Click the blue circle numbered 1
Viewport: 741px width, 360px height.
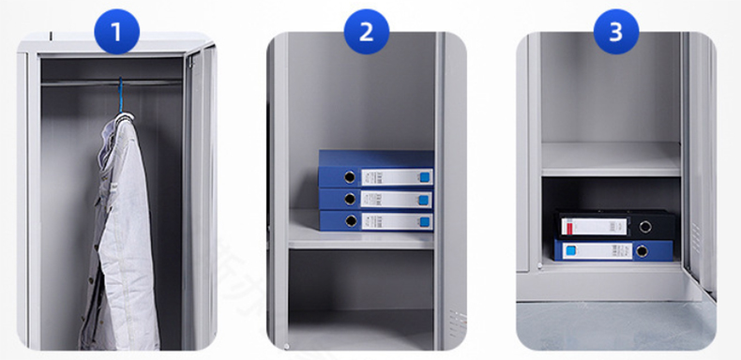pos(116,34)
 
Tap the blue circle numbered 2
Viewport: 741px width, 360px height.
pos(366,34)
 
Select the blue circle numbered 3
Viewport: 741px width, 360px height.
pos(615,34)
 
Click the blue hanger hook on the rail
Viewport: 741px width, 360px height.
pos(120,94)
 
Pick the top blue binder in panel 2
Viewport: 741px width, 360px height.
pos(375,174)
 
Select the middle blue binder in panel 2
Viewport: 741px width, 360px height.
pos(375,198)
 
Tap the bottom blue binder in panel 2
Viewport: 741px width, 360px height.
pos(375,220)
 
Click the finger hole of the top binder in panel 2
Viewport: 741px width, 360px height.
pos(349,176)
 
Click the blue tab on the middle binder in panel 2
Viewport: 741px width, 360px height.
pos(423,199)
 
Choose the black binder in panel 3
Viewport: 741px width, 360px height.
pos(615,225)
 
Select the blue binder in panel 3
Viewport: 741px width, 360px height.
pos(613,250)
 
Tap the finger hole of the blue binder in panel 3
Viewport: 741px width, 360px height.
pos(643,251)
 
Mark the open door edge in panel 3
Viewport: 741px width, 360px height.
pos(697,159)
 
